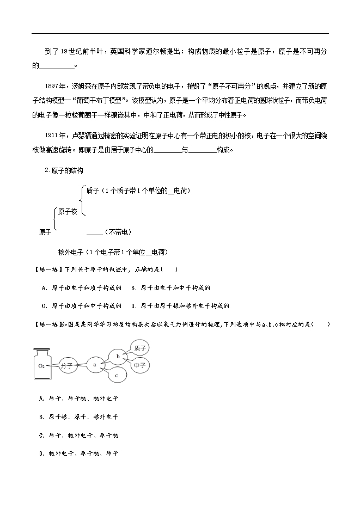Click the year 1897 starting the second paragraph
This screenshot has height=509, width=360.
56,86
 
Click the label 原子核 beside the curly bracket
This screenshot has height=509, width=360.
67,211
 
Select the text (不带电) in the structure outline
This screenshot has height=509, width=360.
118,232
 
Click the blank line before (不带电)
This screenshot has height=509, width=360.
94,233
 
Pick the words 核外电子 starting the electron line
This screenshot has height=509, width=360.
70,252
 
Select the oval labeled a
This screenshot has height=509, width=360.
95,365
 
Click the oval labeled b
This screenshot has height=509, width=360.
117,356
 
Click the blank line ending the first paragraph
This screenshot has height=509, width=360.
57,67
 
